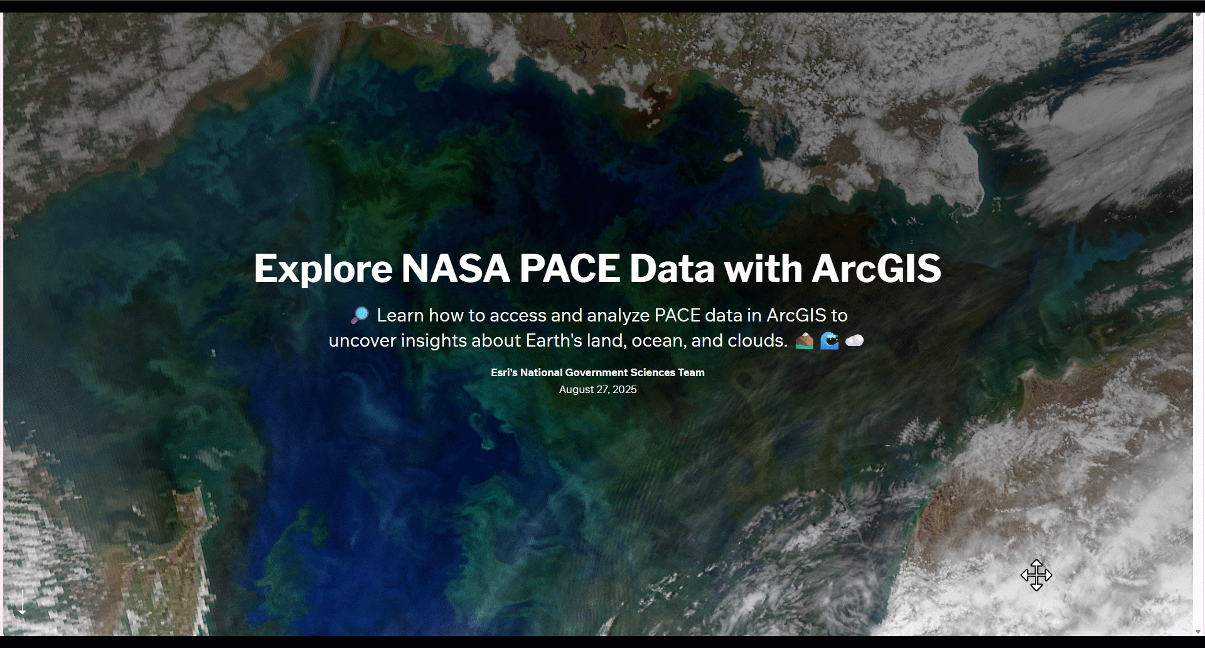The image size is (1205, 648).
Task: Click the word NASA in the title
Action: point(455,269)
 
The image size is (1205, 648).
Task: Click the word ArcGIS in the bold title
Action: point(877,269)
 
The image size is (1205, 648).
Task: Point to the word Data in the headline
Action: point(672,269)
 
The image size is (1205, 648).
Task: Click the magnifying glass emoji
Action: point(360,315)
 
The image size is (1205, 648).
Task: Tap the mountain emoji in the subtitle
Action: point(805,341)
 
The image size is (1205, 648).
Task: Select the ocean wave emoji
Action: point(830,341)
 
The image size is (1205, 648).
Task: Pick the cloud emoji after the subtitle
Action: point(854,341)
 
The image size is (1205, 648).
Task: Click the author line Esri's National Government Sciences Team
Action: point(597,372)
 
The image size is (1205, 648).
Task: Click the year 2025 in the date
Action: point(624,389)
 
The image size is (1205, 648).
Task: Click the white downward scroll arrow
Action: point(22,603)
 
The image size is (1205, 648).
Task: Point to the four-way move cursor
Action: point(1036,575)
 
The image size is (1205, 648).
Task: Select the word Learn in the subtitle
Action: point(400,315)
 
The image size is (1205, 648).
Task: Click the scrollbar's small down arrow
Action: point(1198,632)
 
